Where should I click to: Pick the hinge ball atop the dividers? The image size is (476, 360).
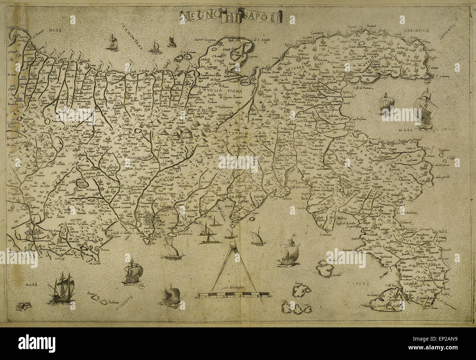tap(232, 245)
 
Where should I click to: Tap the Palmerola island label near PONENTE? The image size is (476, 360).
tap(109, 303)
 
